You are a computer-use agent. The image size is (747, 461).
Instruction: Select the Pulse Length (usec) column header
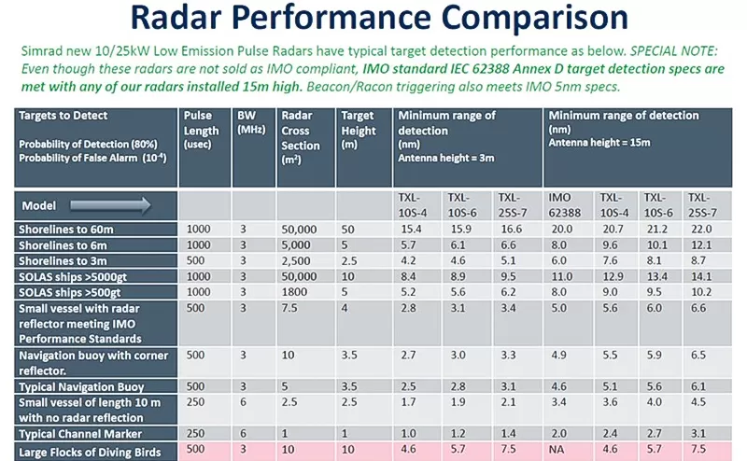pyautogui.click(x=201, y=131)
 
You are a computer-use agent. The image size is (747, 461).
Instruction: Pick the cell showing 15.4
pyautogui.click(x=412, y=229)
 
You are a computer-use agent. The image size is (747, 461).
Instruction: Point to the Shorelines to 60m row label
pyautogui.click(x=64, y=229)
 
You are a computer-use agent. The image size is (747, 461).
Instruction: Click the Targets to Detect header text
pyautogui.click(x=63, y=116)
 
